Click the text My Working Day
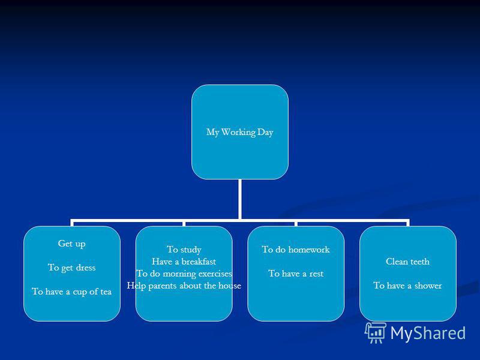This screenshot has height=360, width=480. (x=239, y=132)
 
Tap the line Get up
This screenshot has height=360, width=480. (x=71, y=244)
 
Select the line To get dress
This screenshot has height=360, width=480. (x=71, y=268)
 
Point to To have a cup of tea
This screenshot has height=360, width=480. (x=71, y=292)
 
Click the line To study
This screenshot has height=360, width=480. (x=184, y=250)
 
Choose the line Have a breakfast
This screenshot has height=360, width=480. (x=184, y=262)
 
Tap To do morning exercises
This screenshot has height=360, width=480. (x=184, y=274)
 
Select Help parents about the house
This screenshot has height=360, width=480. (x=184, y=286)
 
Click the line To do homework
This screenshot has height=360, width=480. (x=296, y=250)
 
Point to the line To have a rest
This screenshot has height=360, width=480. (x=296, y=274)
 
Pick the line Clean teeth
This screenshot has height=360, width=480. (x=407, y=262)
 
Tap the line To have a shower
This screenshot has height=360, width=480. (x=407, y=286)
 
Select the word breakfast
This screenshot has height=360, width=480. (x=199, y=262)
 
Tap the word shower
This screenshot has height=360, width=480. (x=428, y=286)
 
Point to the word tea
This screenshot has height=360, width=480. (x=106, y=292)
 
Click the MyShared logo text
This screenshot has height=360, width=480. (x=428, y=333)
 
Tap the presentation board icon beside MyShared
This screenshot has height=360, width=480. (x=376, y=333)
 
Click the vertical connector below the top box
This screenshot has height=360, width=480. (x=239, y=199)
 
